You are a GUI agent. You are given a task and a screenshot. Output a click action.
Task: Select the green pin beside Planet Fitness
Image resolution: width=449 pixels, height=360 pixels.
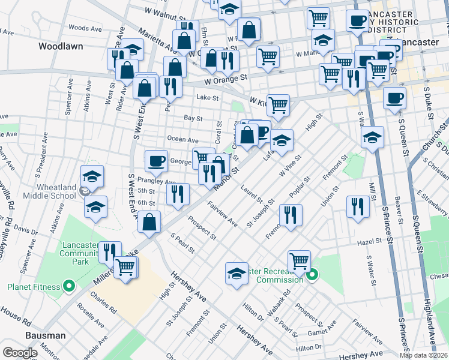coord(69,287)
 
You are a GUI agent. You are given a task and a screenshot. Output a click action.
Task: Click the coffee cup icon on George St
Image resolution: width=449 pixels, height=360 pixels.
coord(156,160)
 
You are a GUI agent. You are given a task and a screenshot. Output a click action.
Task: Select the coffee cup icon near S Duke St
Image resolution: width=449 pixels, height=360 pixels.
coord(394,98)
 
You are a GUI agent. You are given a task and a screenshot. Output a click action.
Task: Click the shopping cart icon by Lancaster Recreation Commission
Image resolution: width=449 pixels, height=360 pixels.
coord(299,260)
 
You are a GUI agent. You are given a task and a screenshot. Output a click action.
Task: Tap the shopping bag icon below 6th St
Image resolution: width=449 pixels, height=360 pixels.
coord(149,222)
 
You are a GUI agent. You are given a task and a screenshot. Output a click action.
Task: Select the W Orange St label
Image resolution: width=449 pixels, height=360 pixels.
coord(225,78)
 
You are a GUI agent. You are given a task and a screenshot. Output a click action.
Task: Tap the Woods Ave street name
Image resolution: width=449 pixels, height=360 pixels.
coord(85,28)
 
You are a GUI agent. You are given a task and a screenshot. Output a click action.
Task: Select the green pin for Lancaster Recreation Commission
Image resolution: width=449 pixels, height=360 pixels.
coord(312,276)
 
